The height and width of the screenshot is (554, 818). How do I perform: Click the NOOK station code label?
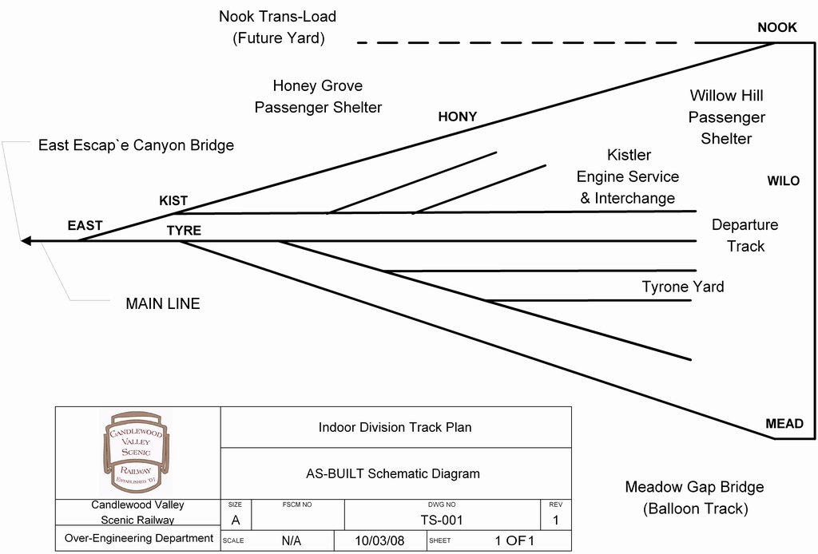776,27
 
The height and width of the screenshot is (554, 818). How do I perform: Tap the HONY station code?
457,117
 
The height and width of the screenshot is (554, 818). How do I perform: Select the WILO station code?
783,181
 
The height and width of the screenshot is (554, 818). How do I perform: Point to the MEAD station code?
784,424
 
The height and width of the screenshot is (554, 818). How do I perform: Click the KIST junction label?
173,201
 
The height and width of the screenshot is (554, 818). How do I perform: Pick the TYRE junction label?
184,231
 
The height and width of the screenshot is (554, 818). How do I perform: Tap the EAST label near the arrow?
85,226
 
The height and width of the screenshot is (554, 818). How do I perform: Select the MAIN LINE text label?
163,303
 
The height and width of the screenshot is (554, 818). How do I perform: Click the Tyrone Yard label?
682,287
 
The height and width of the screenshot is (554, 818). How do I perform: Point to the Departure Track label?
745,235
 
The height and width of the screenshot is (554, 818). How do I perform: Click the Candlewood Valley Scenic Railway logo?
137,453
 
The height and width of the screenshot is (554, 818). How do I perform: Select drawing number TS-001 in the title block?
442,520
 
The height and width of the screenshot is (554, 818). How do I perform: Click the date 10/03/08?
380,540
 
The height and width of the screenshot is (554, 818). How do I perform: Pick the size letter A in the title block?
235,520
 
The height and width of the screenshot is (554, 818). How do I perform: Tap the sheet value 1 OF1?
514,540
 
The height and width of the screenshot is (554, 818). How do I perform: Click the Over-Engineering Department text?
139,538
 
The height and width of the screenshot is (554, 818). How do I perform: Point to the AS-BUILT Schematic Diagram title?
393,473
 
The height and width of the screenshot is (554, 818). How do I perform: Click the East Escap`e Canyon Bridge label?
136,145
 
